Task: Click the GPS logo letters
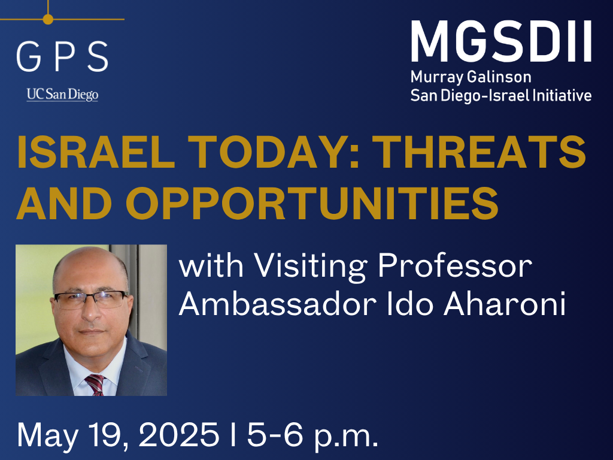62,56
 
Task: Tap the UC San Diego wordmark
62,95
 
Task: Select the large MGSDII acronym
501,41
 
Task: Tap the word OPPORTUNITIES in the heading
311,204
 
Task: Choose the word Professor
455,265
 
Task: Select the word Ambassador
278,303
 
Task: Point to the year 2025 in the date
178,434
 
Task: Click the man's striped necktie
95,385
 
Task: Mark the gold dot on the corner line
48,19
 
